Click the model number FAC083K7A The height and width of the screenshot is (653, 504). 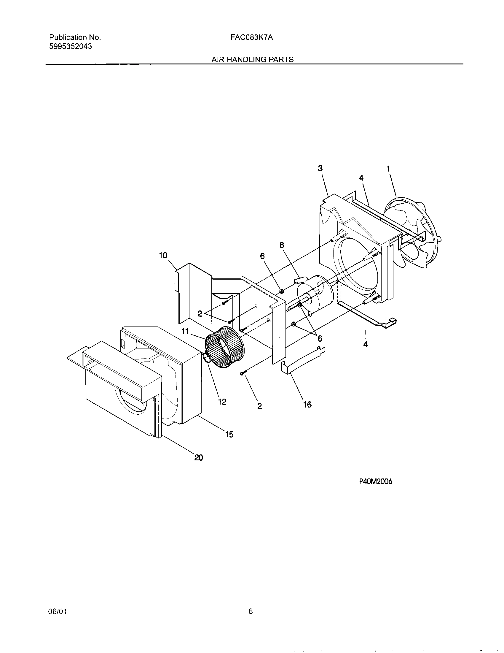[x=252, y=37]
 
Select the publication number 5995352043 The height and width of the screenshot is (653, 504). [x=71, y=46]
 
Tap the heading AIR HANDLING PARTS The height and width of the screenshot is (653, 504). [x=252, y=59]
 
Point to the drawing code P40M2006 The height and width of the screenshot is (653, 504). [x=376, y=481]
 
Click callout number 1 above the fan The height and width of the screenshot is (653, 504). [x=388, y=169]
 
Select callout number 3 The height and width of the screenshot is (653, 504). [x=320, y=168]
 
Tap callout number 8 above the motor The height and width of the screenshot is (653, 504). [x=282, y=245]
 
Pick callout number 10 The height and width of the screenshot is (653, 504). [x=163, y=255]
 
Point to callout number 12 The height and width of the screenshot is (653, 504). [x=222, y=402]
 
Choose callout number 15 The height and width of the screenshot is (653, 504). [x=229, y=434]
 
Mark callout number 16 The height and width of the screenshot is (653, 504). [x=307, y=405]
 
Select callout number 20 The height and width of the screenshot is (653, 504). [x=199, y=457]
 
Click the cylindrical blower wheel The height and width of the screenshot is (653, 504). [x=224, y=346]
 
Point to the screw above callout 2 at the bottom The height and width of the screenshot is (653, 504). [x=243, y=373]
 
